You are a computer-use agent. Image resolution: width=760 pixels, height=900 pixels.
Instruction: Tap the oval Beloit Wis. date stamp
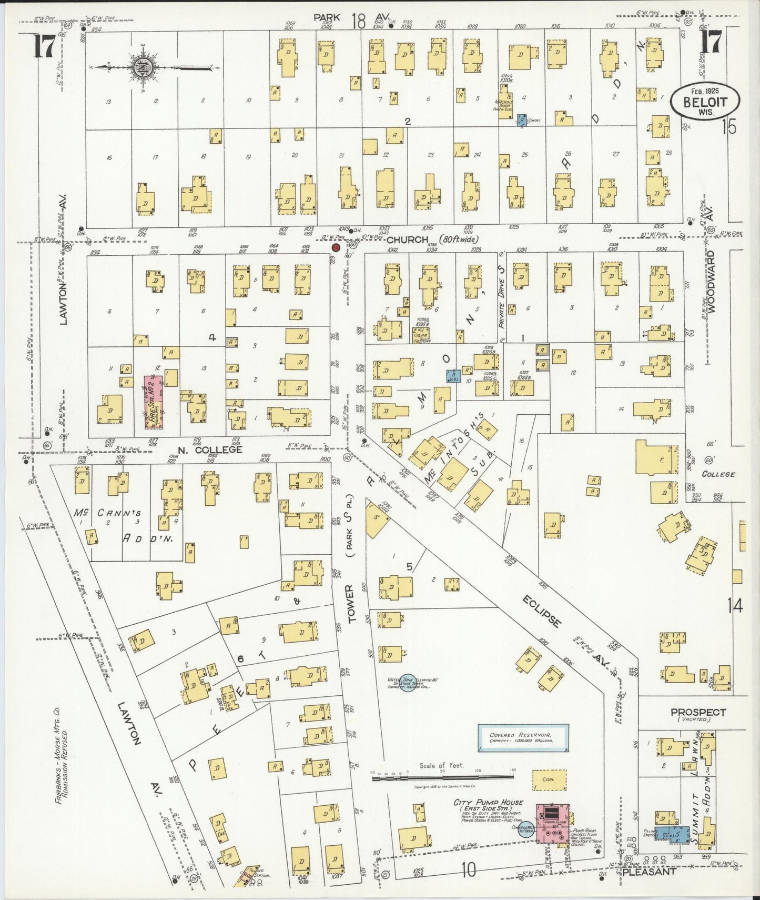[704, 102]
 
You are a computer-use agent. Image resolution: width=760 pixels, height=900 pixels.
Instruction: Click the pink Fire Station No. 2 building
[154, 402]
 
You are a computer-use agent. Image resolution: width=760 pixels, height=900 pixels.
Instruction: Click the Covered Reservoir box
[523, 738]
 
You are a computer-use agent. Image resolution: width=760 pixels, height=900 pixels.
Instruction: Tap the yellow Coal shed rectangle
[549, 780]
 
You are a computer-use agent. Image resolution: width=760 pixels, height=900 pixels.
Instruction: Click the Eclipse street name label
[542, 611]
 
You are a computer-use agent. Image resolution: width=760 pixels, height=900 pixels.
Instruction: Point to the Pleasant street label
[648, 871]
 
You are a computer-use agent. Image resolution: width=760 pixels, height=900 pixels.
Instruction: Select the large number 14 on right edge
[735, 606]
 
